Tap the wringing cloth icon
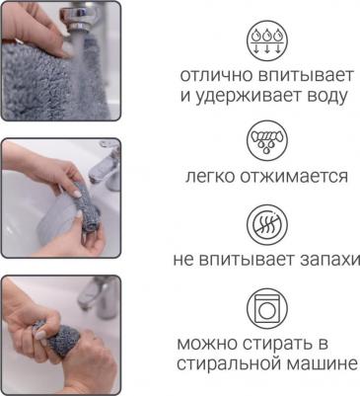click(x=267, y=141)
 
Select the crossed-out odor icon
click(x=267, y=224)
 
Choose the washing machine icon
click(x=267, y=308)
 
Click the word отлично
click(x=216, y=76)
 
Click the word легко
click(x=210, y=177)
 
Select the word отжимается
click(x=294, y=177)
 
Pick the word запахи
click(x=329, y=261)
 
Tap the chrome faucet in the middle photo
click(x=106, y=168)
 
